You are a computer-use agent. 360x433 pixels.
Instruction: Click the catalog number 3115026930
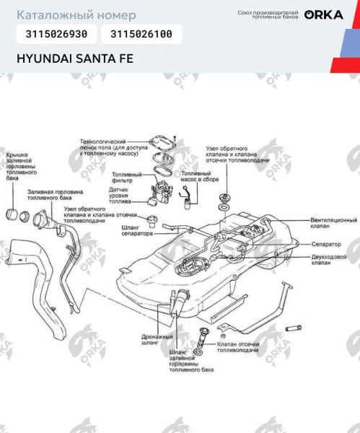tap(56, 34)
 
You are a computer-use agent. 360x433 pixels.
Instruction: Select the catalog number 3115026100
tap(141, 34)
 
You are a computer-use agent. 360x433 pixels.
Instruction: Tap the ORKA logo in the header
tap(323, 14)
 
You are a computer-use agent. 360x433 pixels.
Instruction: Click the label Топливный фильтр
tap(127, 178)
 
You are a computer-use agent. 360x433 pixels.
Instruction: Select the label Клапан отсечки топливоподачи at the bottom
tap(237, 348)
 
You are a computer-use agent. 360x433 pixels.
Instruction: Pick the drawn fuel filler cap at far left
tap(12, 214)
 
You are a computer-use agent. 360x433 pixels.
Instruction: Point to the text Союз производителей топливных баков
tap(268, 14)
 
